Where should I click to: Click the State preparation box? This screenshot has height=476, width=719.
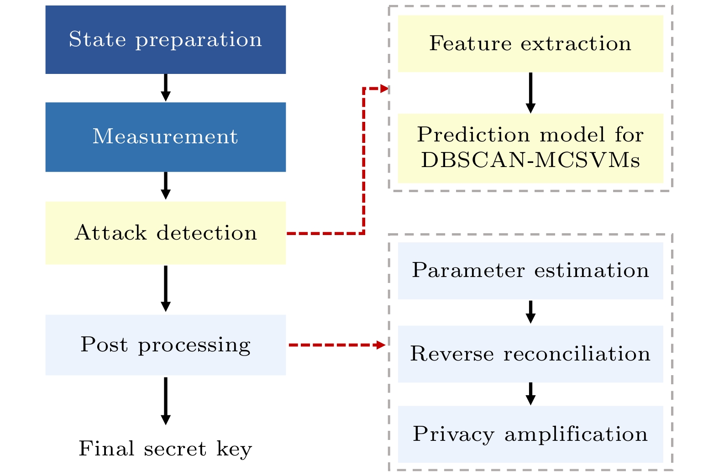165,40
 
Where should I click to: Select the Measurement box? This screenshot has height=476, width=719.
165,137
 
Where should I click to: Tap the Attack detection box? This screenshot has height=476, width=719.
165,233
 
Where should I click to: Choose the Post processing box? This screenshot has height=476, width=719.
165,345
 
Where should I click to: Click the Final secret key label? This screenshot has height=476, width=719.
165,449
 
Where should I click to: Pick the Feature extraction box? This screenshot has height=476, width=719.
530,44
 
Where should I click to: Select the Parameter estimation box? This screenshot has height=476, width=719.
530,271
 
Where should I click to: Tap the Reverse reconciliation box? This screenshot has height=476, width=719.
530,354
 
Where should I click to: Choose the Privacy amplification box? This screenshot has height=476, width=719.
530,434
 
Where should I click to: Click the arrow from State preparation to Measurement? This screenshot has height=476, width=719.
166,88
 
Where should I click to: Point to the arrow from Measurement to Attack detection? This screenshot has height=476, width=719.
166,186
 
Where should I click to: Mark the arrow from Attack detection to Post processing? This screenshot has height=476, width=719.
166,289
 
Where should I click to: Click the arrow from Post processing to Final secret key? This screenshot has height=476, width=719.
166,401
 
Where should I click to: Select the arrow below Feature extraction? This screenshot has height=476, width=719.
530,93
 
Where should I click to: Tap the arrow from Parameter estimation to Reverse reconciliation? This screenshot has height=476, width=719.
530,312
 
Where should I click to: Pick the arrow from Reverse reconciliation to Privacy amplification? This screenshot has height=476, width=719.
530,394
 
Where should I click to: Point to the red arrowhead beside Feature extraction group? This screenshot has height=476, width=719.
384,89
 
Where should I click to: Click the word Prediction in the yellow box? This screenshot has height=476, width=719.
472,135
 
